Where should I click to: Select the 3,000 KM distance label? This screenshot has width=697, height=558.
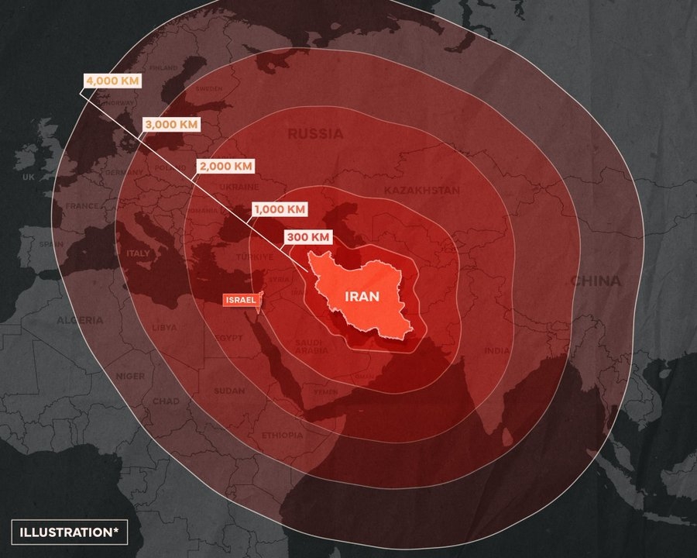pyautogui.click(x=170, y=124)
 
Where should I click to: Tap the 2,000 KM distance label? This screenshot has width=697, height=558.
pyautogui.click(x=225, y=166)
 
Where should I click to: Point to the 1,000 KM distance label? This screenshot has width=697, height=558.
pyautogui.click(x=279, y=209)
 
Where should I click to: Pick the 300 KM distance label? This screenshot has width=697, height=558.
pyautogui.click(x=309, y=236)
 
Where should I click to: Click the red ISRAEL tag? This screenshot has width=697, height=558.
pyautogui.click(x=239, y=299)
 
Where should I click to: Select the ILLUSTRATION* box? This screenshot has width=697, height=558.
pyautogui.click(x=69, y=532)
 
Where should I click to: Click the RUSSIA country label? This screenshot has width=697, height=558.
pyautogui.click(x=315, y=134)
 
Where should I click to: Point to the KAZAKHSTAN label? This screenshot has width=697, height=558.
pyautogui.click(x=422, y=190)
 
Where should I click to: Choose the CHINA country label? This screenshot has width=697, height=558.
pyautogui.click(x=596, y=281)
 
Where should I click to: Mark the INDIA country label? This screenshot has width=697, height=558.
pyautogui.click(x=497, y=350)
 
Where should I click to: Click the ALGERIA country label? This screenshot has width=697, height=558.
pyautogui.click(x=79, y=320)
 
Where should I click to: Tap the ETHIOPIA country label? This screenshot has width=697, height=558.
pyautogui.click(x=283, y=436)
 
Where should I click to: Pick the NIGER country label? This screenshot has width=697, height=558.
pyautogui.click(x=130, y=376)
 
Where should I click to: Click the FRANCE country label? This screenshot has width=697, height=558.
pyautogui.click(x=81, y=206)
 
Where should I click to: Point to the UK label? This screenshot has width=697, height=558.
pyautogui.click(x=29, y=177)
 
